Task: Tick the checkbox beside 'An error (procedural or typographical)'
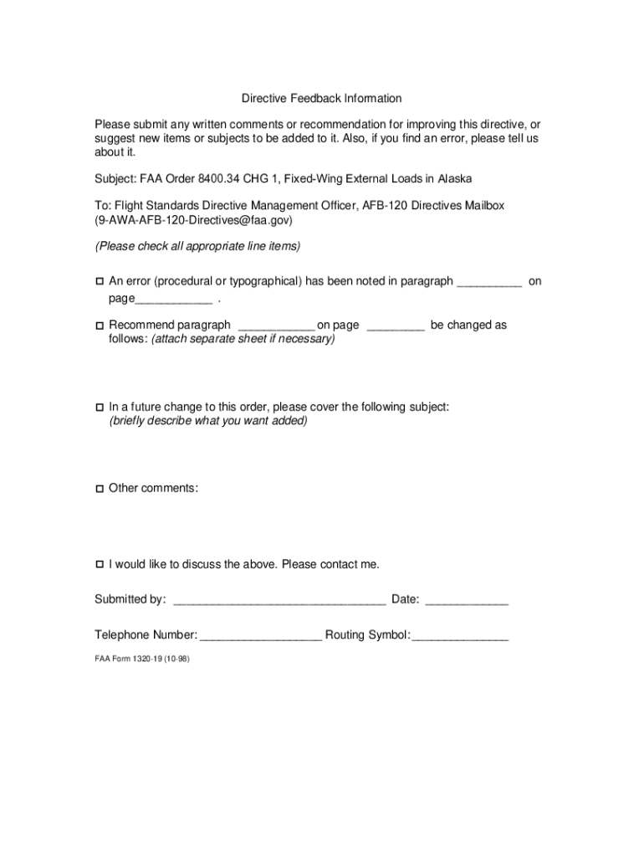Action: click(x=99, y=282)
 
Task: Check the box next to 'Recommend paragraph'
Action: click(x=99, y=326)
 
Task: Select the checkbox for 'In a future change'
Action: click(x=99, y=408)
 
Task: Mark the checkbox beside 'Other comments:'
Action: click(x=99, y=488)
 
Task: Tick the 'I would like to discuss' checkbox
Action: click(x=99, y=565)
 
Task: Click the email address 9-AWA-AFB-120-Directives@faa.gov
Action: click(x=194, y=221)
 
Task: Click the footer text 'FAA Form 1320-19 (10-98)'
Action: click(x=141, y=659)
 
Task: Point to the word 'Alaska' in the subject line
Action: click(x=453, y=179)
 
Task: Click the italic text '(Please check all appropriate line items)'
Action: click(x=197, y=246)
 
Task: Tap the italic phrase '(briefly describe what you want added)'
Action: click(x=208, y=421)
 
